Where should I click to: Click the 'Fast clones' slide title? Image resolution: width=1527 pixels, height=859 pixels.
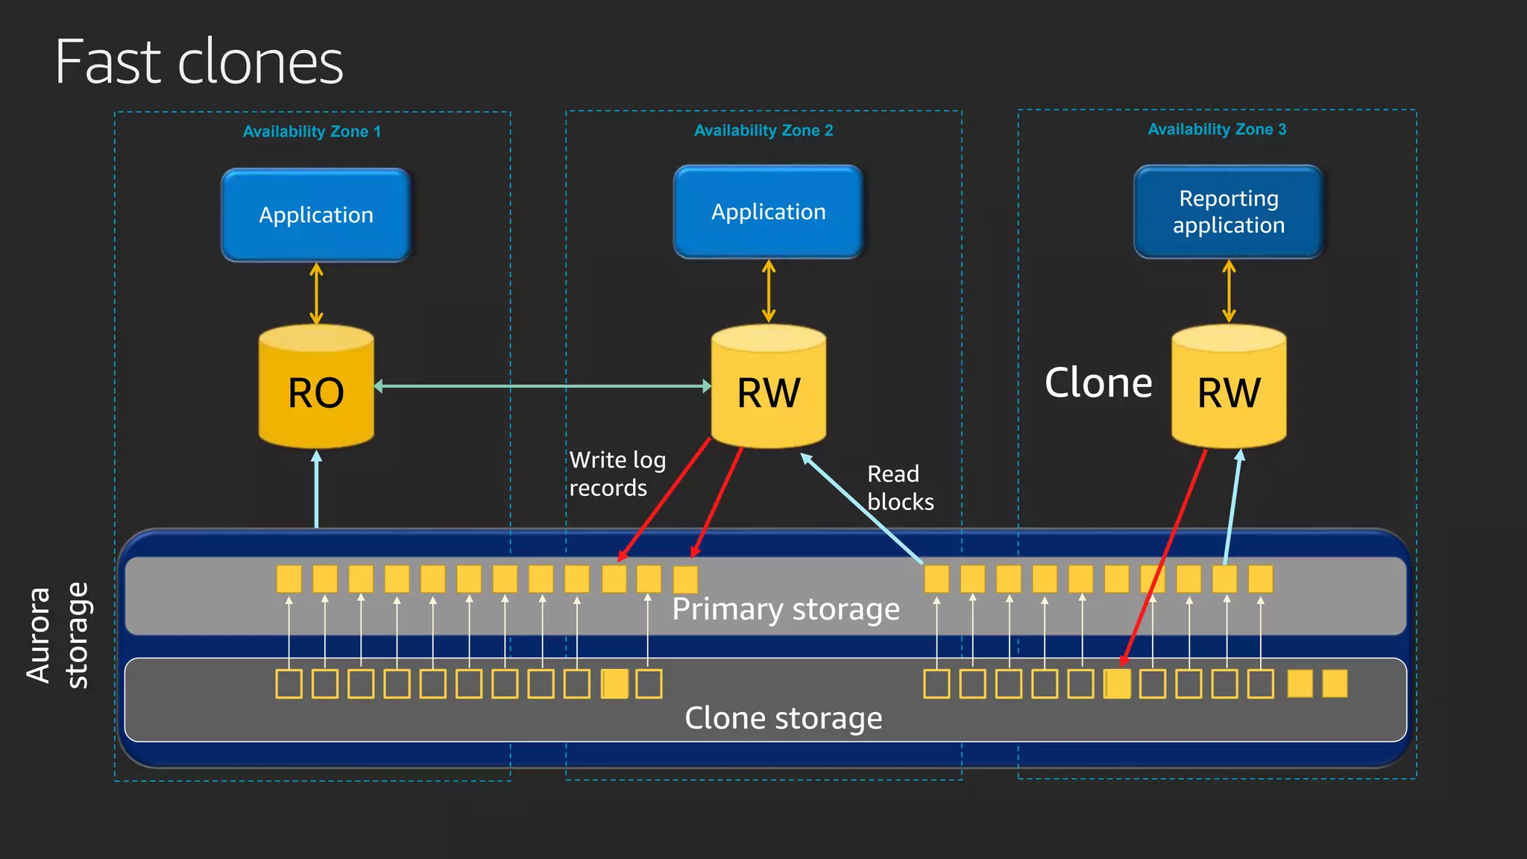[x=199, y=62]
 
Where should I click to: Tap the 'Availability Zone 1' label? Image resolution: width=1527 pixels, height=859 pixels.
[x=312, y=132]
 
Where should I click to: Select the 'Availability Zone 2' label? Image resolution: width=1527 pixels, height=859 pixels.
[x=763, y=130]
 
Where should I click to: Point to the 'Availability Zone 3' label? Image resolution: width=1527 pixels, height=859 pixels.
[x=1217, y=130]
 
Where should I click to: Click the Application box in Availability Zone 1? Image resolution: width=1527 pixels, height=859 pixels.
[x=316, y=215]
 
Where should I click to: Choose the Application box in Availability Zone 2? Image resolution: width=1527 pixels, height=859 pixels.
[x=768, y=212]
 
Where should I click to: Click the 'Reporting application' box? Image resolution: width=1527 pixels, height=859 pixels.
[x=1228, y=212]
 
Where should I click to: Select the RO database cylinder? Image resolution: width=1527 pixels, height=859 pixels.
[x=316, y=388]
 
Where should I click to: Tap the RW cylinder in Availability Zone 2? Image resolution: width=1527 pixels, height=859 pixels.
[x=768, y=388]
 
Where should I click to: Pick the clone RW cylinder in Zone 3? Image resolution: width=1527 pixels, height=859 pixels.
[x=1228, y=388]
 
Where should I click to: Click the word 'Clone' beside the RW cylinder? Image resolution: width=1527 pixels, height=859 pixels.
[x=1098, y=383]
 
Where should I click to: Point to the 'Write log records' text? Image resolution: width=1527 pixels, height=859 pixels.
[x=617, y=473]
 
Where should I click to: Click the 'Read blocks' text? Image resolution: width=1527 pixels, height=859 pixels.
[x=900, y=488]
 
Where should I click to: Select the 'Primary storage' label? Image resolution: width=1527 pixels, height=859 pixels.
[x=786, y=609]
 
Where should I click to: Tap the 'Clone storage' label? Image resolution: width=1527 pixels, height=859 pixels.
[x=783, y=718]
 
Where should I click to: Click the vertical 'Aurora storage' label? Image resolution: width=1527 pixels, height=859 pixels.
[x=57, y=635]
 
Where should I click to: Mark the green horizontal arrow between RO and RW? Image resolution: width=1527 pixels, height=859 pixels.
[x=542, y=386]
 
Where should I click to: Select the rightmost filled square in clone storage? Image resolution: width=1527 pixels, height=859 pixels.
[x=1334, y=684]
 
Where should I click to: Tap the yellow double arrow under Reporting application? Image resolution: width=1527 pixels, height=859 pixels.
[x=1229, y=291]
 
